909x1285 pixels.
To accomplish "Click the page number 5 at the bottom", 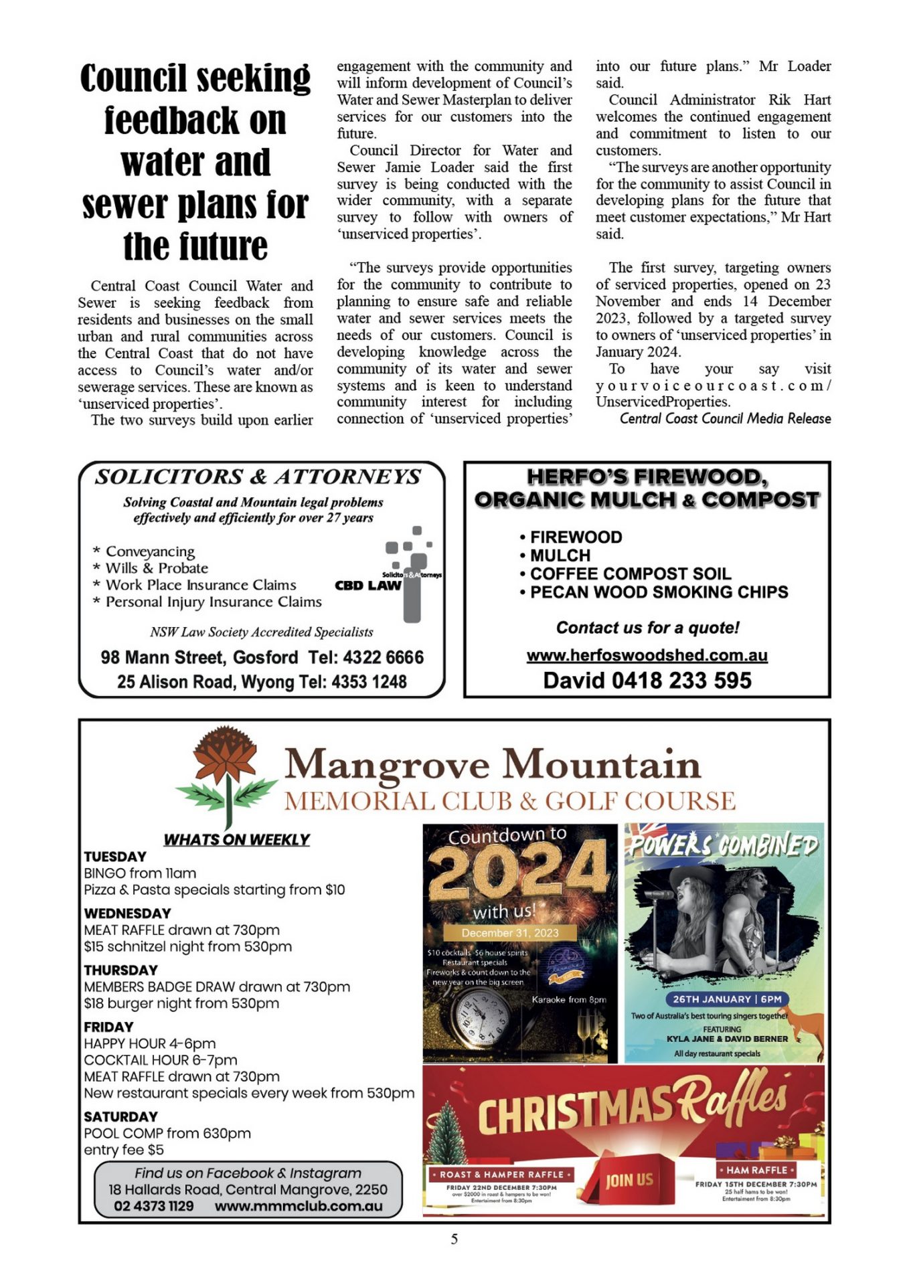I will click(x=454, y=1239).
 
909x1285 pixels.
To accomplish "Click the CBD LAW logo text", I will click(x=368, y=586).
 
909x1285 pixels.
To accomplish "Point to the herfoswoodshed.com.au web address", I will click(x=647, y=655).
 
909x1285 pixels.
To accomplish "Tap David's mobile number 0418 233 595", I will click(x=680, y=681).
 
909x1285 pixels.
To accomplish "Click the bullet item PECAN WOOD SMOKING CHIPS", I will click(x=659, y=592).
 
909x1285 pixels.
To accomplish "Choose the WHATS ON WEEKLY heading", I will click(x=236, y=839).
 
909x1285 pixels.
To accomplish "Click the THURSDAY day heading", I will click(x=120, y=970).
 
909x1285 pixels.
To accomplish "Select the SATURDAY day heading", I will click(x=120, y=1116).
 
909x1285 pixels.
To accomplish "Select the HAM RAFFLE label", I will click(x=756, y=1170).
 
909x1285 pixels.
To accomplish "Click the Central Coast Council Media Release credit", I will click(x=725, y=419).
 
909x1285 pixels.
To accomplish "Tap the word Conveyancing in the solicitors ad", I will click(x=150, y=551).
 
